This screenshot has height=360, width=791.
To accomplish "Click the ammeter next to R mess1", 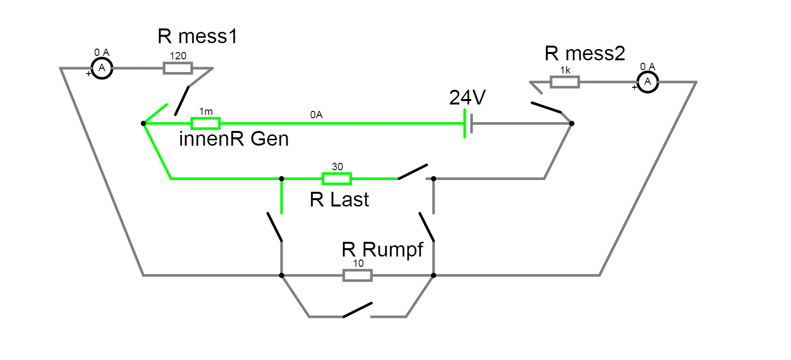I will pos(102,68).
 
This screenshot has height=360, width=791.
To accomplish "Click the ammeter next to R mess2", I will pos(648,82).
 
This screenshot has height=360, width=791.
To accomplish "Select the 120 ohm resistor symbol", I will pos(178,68).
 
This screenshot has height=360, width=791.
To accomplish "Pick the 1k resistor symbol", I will pos(565,82).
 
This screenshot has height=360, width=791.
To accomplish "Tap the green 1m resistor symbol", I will pos(206,124).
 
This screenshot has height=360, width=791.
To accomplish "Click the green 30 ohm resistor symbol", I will pos(337,179).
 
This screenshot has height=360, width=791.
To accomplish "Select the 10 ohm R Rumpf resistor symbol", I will pos(358,275).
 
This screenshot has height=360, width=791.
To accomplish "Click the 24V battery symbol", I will pos(468,124).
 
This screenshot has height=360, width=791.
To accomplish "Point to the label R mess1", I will pos(197,37).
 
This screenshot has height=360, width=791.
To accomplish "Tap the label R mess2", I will pos(584,54).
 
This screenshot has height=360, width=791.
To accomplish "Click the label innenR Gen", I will pos(234,139).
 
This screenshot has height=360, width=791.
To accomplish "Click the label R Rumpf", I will pos(382,250).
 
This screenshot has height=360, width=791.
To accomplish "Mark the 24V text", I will pos(467,98).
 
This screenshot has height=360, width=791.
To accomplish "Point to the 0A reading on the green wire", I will pos(316,115).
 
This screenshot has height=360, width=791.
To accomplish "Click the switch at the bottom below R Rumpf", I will pos(357,310).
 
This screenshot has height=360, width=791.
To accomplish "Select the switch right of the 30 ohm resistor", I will pos(413,172).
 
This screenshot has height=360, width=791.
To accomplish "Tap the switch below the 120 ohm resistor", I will pos(182,101).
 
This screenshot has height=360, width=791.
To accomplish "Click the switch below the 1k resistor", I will pos(546,107).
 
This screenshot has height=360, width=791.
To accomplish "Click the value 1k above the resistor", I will pos(565,71).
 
